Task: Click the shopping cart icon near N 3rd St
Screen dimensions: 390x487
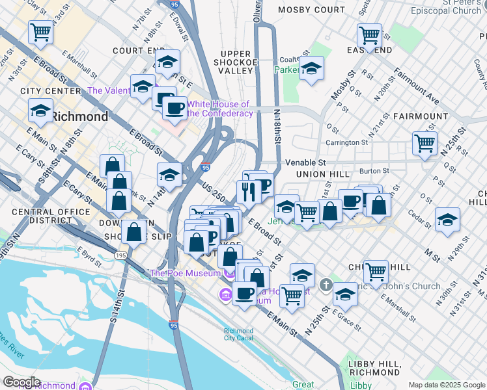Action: coord(40,32)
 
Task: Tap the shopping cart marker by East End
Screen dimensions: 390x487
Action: coord(369,35)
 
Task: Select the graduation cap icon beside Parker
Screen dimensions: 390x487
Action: coord(312,68)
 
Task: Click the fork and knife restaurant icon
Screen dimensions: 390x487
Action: coord(248,192)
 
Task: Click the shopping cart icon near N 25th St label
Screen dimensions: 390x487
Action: coord(292,296)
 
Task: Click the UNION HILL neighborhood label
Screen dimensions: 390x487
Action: coord(324,175)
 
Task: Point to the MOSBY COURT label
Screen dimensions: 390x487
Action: coord(311,10)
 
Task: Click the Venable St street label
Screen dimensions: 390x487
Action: coord(305,162)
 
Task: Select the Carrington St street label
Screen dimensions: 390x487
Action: coord(347,142)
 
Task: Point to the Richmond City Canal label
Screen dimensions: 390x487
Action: coord(238,334)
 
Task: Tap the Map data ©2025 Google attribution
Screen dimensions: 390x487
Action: coord(447,385)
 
